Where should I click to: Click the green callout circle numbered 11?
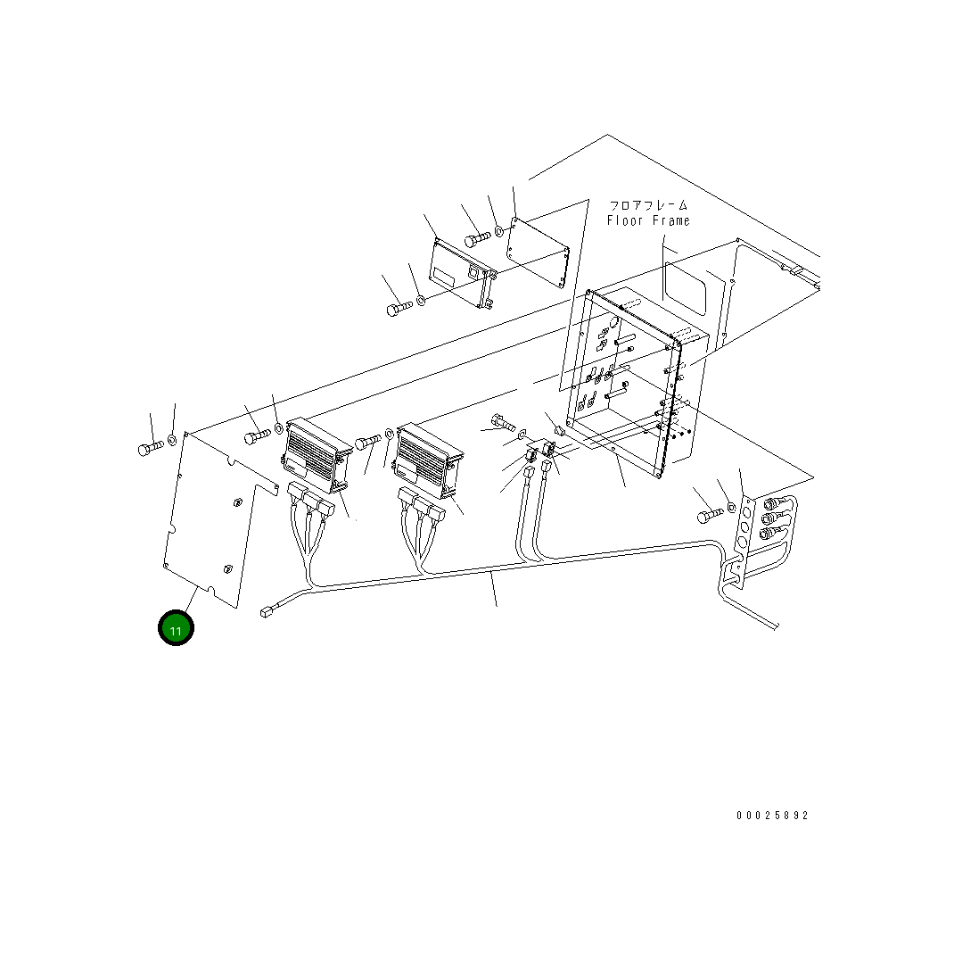tap(176, 628)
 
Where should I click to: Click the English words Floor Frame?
tap(648, 220)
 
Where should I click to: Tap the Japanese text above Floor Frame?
tap(648, 204)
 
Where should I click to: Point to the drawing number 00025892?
tap(772, 816)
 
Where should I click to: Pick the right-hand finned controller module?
tap(429, 460)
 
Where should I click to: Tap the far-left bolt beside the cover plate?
tap(151, 448)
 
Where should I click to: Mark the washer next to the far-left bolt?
tap(172, 439)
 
